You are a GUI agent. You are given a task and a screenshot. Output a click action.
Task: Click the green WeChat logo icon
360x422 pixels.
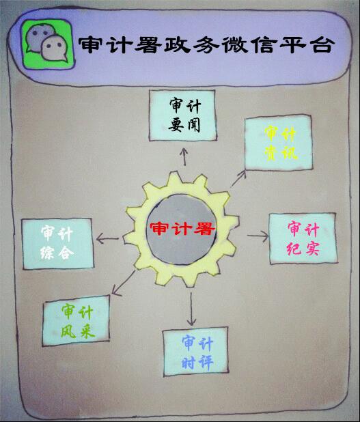(49, 44)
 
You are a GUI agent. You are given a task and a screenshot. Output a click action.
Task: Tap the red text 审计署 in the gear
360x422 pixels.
(182, 229)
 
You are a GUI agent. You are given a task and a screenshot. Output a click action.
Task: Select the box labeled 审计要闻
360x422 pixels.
(183, 115)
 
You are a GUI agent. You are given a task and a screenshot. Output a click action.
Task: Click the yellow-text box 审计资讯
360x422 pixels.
(279, 143)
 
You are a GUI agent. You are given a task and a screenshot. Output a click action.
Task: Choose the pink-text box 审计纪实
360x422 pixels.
(303, 238)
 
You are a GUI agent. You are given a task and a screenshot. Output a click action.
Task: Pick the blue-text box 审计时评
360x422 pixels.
(196, 352)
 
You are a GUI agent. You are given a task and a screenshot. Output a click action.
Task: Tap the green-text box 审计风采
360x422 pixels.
(76, 320)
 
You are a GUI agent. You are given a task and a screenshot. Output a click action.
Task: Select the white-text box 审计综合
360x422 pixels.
(57, 244)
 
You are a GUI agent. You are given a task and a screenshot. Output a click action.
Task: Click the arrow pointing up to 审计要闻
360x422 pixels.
(184, 156)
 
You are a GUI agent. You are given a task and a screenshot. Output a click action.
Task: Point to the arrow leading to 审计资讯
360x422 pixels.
(239, 178)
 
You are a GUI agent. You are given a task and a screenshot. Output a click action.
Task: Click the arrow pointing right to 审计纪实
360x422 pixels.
(258, 236)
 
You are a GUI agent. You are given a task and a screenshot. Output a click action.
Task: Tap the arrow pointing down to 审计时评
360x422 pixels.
(191, 309)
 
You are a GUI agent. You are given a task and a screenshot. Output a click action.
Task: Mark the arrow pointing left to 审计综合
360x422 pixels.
(107, 238)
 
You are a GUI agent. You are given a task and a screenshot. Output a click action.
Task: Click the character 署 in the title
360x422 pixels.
(148, 44)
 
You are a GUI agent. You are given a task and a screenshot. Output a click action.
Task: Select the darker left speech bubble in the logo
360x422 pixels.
(40, 38)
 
